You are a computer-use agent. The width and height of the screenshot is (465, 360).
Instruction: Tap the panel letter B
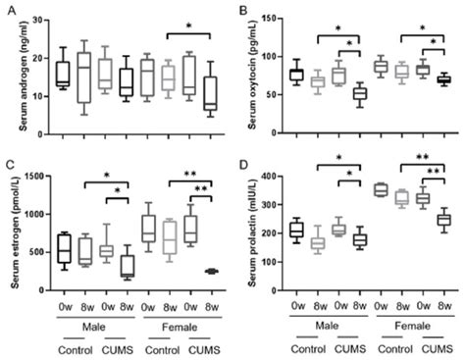click(241, 7)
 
